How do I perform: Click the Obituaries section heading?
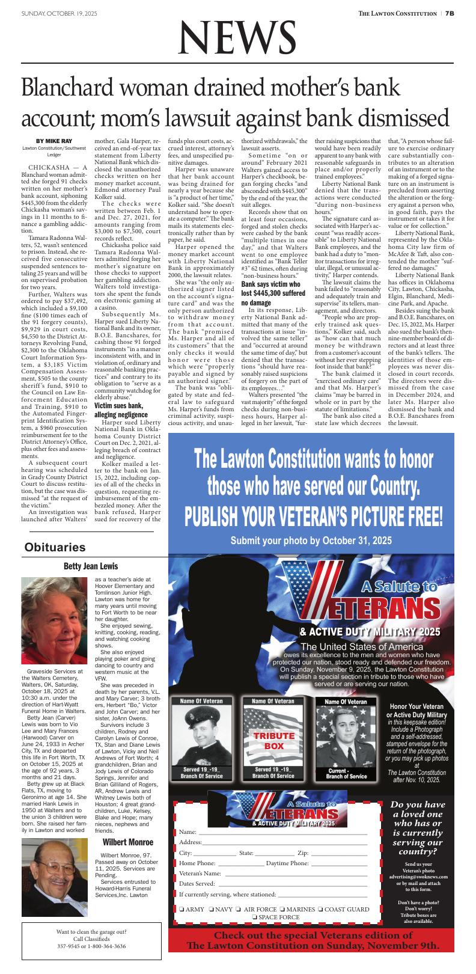(55, 547)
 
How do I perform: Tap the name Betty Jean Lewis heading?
(91, 566)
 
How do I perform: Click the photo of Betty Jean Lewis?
(54, 620)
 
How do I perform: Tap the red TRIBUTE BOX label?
(274, 741)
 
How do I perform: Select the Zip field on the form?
(339, 853)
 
